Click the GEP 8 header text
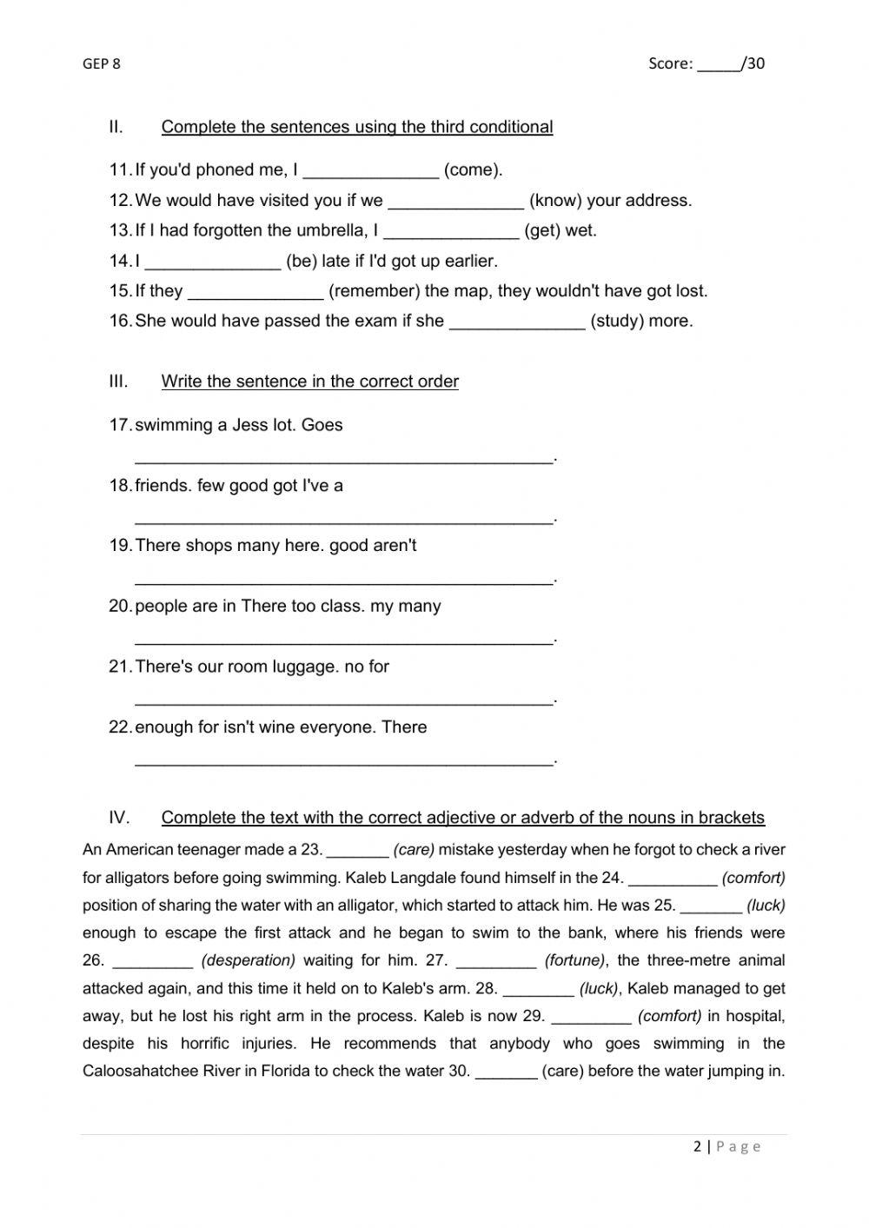click(102, 63)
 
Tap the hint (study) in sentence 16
click(617, 322)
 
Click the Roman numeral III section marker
click(118, 382)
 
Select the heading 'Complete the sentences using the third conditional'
click(356, 127)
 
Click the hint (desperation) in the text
click(249, 960)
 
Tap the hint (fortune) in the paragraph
click(575, 960)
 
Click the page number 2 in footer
click(697, 1146)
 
